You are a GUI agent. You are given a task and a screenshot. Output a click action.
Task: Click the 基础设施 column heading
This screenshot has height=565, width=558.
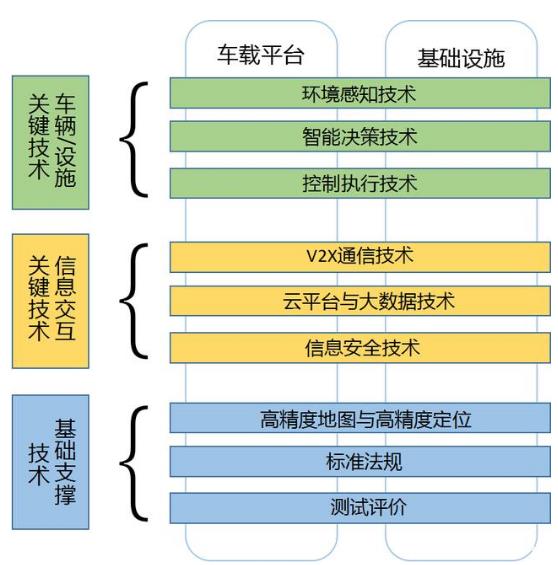pos(461,58)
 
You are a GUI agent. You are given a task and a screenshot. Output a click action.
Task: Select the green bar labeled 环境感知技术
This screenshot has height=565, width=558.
pos(360,94)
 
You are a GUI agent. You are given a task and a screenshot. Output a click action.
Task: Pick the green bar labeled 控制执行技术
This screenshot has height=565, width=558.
pos(360,184)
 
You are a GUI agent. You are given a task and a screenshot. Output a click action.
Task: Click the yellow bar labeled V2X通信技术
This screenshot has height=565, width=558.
pos(360,256)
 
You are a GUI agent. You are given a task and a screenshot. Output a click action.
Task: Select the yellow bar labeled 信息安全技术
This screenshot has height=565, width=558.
pos(360,347)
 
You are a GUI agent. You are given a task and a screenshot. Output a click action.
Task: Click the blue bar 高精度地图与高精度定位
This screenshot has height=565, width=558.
pos(360,418)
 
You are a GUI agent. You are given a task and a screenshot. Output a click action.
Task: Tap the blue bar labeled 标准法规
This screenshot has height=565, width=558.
pos(360,463)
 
